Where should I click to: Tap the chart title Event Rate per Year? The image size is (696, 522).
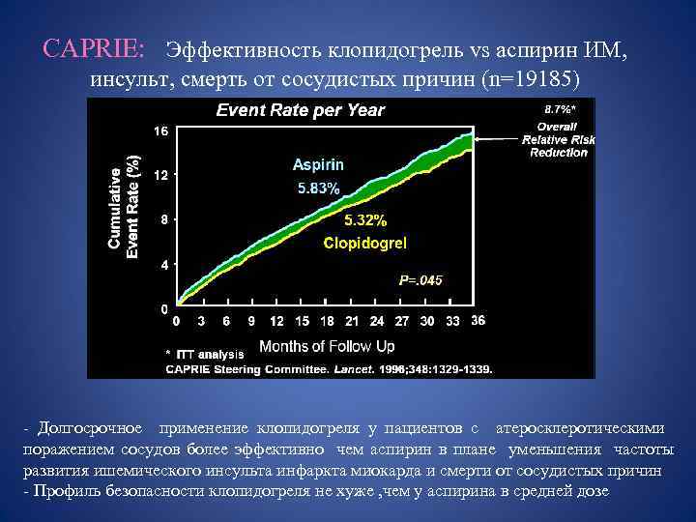[301, 110]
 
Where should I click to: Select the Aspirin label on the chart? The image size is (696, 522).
[318, 165]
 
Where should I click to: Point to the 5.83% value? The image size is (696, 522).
[317, 189]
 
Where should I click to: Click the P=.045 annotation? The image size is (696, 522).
[420, 280]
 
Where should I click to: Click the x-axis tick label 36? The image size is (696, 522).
[478, 320]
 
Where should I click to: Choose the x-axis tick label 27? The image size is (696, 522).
[402, 322]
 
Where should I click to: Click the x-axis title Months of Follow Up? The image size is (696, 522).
[327, 345]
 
